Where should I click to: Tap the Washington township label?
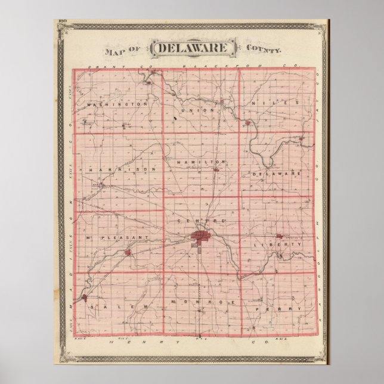point(117,104)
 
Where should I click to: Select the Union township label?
point(202,110)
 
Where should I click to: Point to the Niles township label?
point(275,103)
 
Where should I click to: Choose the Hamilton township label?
point(202,162)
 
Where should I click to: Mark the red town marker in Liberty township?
point(278,236)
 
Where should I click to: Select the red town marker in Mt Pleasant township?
point(128,253)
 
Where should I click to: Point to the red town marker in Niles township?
point(247,123)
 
